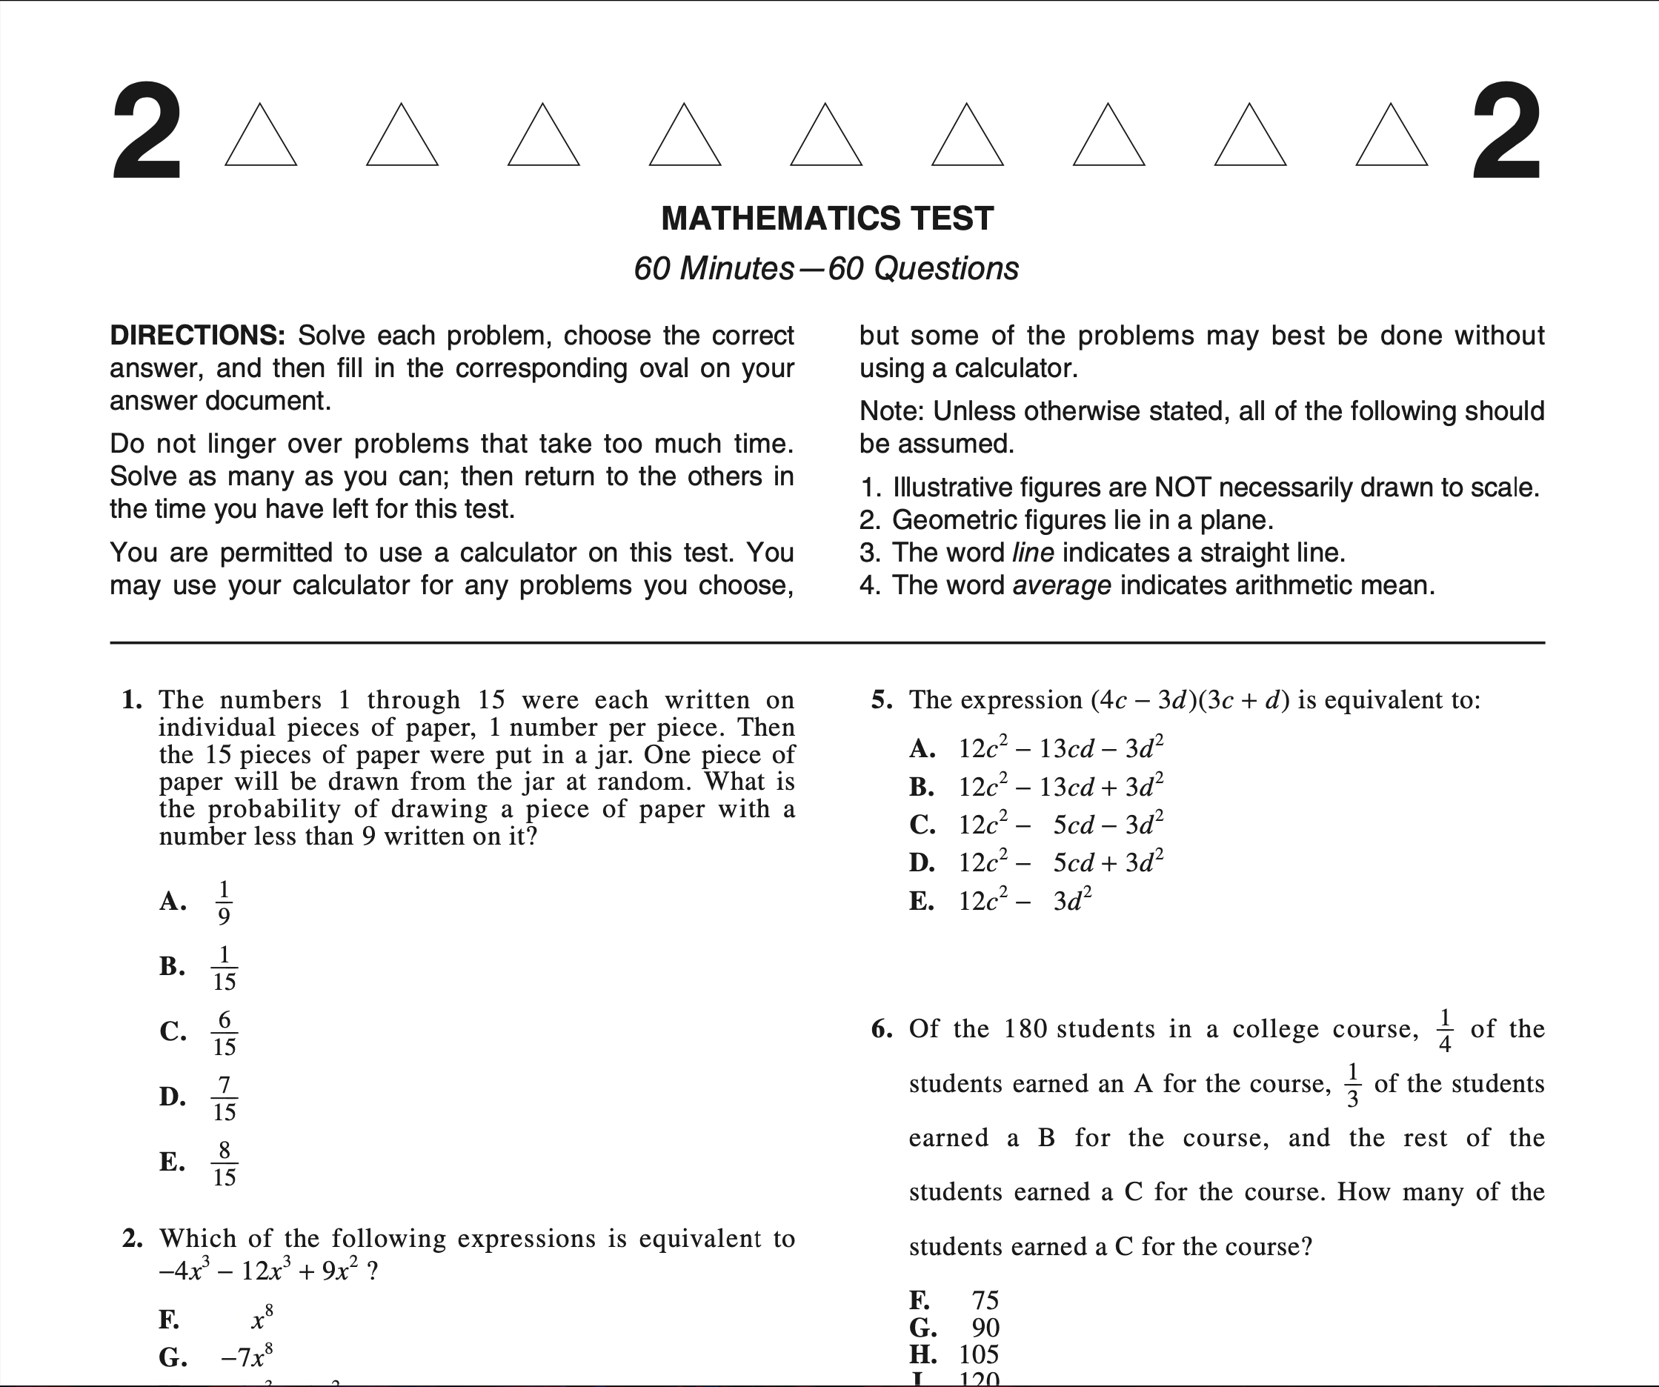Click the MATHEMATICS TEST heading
pos(827,219)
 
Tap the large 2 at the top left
pos(147,132)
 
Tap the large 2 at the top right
pos(1506,132)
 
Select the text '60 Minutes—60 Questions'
pos(826,268)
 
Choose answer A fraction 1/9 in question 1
pos(224,902)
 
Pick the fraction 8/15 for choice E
pos(224,1163)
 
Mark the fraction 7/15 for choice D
pos(224,1098)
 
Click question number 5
pos(882,701)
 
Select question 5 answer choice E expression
pos(1025,901)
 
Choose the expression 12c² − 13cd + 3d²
pos(1060,788)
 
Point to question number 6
pos(882,1029)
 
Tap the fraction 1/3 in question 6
pos(1352,1085)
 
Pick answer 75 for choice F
pos(985,1300)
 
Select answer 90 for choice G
pos(985,1328)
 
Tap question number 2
pos(132,1239)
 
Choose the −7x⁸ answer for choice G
pos(247,1357)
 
